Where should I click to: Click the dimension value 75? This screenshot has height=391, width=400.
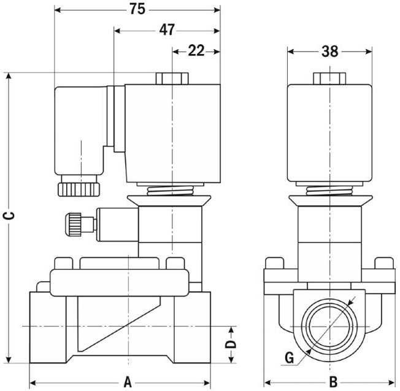[x=137, y=9]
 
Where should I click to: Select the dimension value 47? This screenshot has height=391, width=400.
[x=167, y=29]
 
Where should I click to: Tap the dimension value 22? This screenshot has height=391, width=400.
[x=196, y=51]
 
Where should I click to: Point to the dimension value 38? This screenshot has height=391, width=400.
[x=330, y=51]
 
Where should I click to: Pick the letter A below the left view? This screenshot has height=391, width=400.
[x=128, y=382]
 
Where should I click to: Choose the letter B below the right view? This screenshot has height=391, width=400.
[x=331, y=382]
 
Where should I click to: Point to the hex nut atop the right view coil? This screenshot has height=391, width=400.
[x=330, y=78]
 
